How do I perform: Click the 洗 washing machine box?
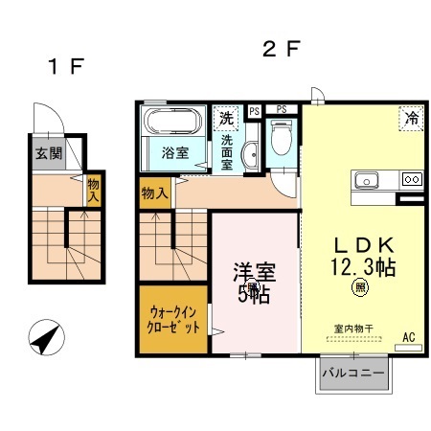tap(225, 119)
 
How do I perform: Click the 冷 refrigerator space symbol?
tap(410, 120)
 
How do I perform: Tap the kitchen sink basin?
tap(369, 179)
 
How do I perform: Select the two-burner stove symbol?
tap(410, 178)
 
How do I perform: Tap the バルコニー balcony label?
tap(353, 371)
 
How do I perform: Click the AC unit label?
tap(408, 336)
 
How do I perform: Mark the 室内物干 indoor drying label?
tap(352, 329)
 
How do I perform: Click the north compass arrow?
tap(45, 338)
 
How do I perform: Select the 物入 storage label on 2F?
tap(155, 193)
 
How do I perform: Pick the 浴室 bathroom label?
tap(174, 152)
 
